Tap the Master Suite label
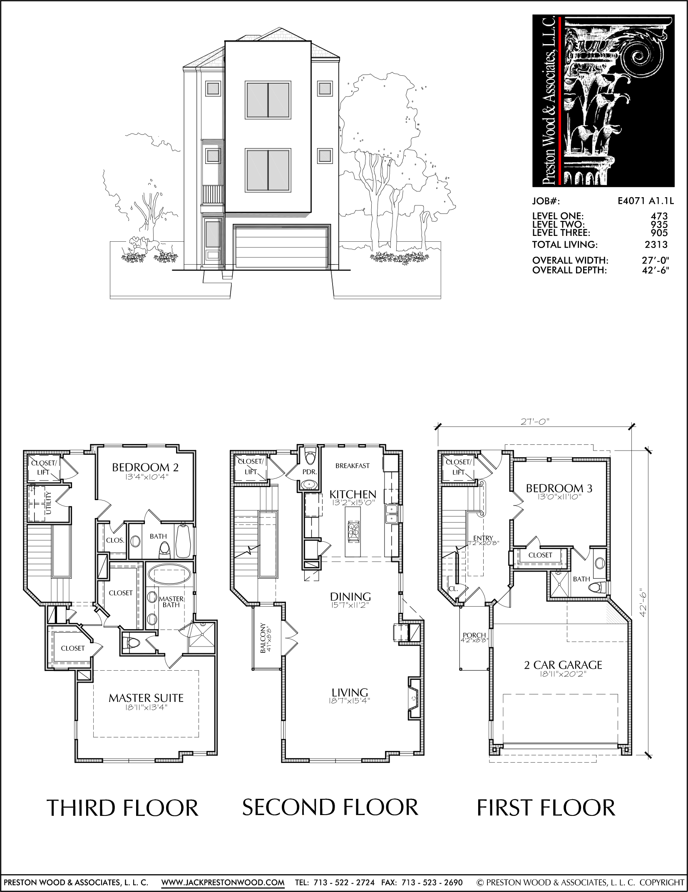point(146,698)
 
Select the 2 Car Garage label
point(563,665)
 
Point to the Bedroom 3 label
point(559,488)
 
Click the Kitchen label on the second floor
point(353,494)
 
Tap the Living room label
point(350,692)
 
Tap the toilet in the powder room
point(310,456)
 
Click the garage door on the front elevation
point(282,246)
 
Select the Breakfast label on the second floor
point(353,466)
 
